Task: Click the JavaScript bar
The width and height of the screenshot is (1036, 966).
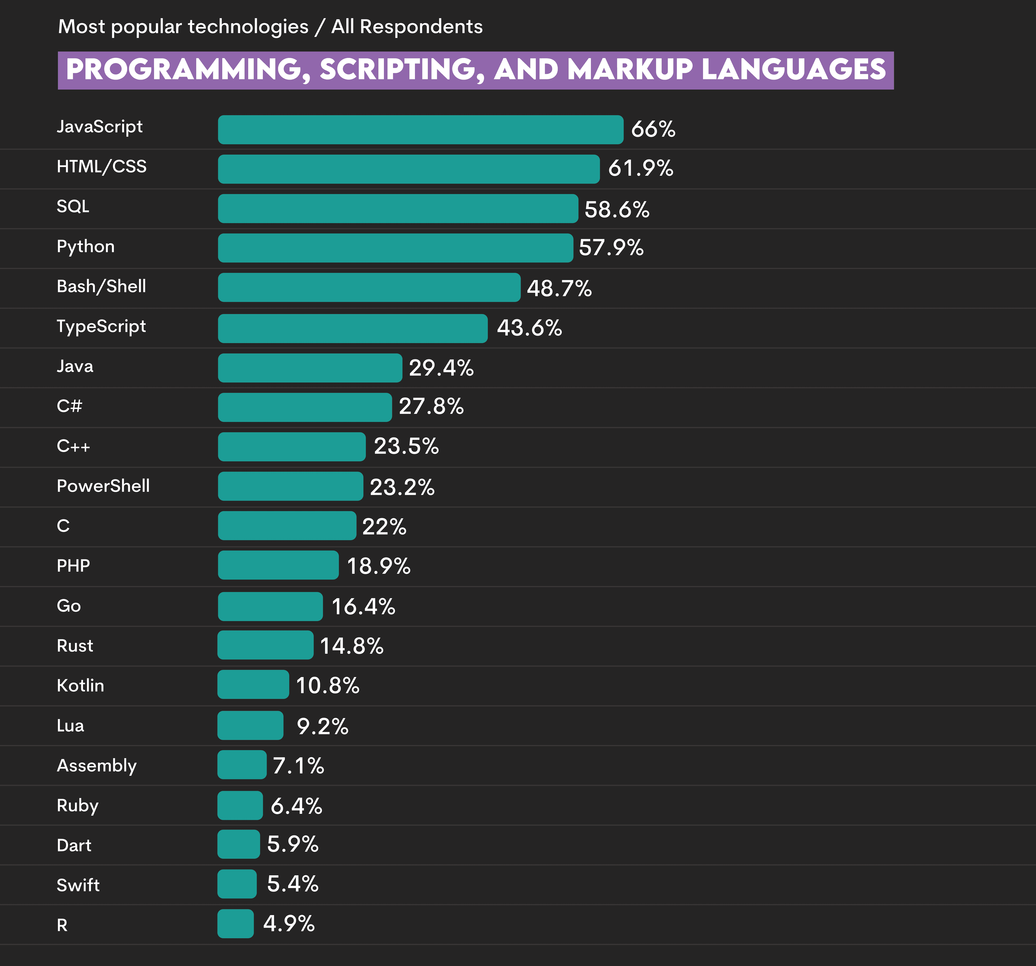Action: click(420, 130)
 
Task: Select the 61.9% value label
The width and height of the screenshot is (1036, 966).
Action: click(640, 168)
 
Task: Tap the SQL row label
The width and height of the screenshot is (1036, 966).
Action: click(73, 206)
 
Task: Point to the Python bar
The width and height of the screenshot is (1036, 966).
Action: click(395, 248)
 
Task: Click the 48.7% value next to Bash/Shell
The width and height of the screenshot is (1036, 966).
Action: click(559, 288)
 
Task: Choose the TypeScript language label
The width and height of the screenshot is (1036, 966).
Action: click(101, 326)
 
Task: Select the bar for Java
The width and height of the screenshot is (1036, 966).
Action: click(309, 368)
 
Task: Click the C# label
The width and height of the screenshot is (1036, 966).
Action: click(69, 406)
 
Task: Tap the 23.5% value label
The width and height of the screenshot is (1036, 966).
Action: click(406, 446)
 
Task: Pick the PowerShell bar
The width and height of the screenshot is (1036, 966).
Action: click(290, 487)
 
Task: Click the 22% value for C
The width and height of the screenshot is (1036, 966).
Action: click(384, 526)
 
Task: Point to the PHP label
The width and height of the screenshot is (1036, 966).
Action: click(73, 566)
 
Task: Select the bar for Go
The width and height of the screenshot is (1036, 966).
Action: click(270, 606)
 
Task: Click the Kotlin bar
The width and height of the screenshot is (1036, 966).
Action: click(253, 685)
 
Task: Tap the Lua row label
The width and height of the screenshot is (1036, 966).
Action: click(70, 726)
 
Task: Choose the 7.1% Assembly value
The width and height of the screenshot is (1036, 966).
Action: click(298, 766)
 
